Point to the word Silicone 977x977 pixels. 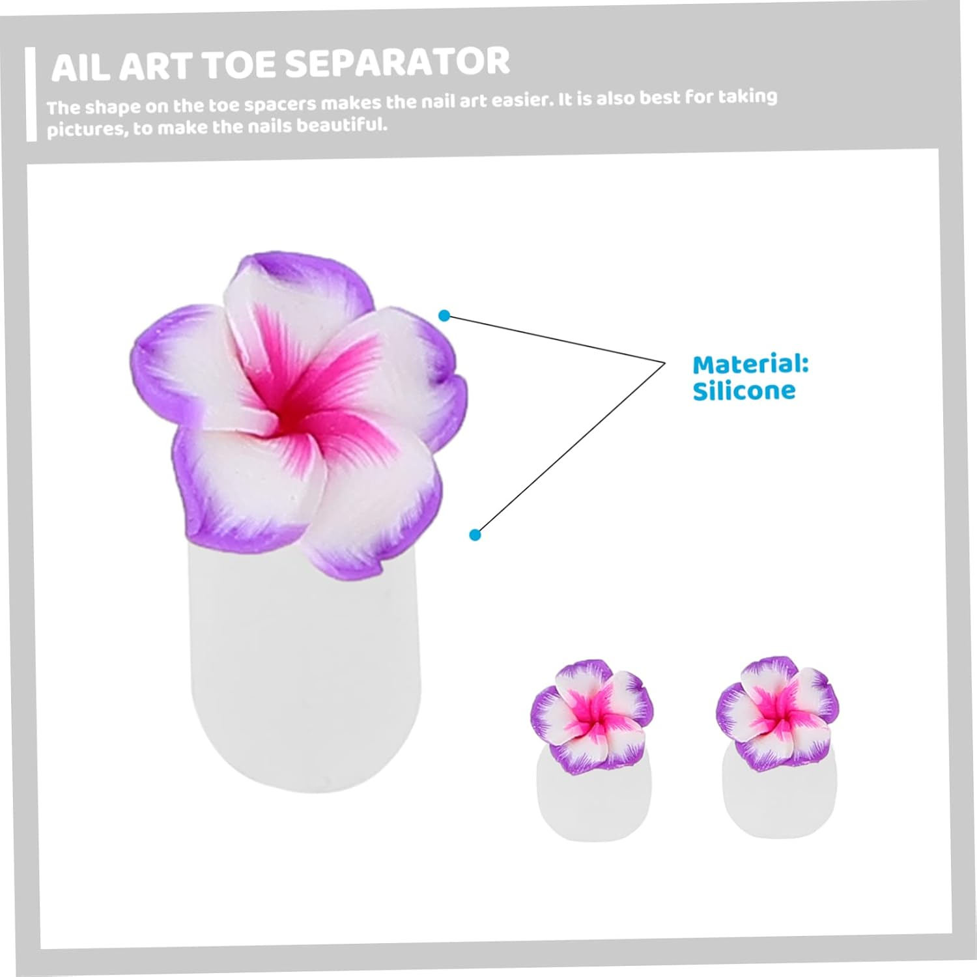tap(744, 391)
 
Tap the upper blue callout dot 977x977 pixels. tap(444, 316)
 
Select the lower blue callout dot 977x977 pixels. tap(475, 535)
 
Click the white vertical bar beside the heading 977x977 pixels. tap(31, 94)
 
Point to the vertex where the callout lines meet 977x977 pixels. tap(664, 362)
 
